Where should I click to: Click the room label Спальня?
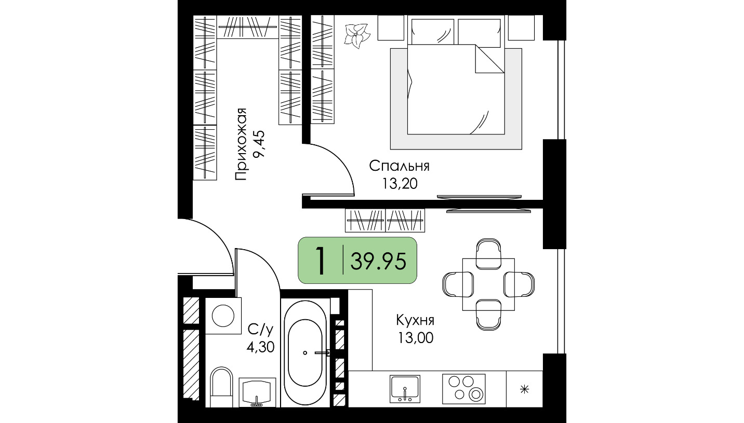pos(399,166)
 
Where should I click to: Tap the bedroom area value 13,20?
pos(400,183)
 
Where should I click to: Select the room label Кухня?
pos(415,320)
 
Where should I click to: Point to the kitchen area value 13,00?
pos(416,338)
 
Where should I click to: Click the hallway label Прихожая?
pos(241,144)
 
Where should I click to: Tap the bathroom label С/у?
pos(261,330)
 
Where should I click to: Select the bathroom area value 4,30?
pos(260,347)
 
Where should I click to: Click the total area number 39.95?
pos(378,261)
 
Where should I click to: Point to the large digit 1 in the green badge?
pos(320,261)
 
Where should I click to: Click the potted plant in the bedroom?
pos(357,36)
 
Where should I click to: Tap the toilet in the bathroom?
pos(221,387)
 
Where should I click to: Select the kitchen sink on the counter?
pos(405,389)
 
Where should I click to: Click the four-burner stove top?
pos(463,389)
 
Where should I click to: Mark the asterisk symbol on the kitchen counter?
pos(524,389)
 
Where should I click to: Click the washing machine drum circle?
pos(223,316)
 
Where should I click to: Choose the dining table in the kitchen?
pos(488,284)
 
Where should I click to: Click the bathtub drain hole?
pos(305,353)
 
